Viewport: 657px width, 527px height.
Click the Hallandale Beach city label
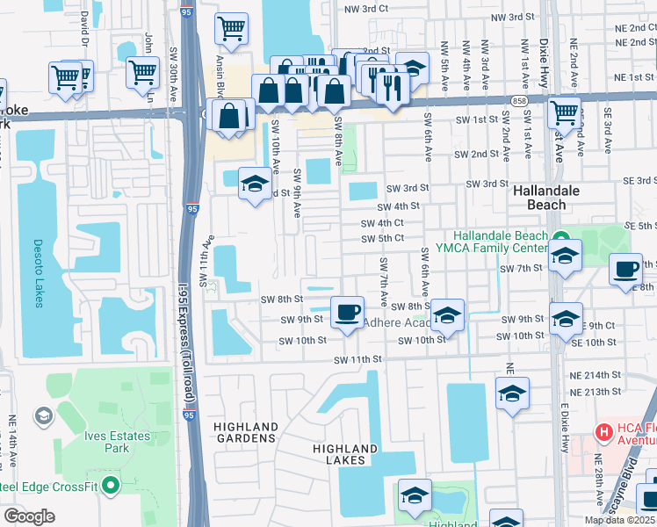tap(540, 197)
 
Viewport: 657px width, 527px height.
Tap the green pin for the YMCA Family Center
tap(560, 237)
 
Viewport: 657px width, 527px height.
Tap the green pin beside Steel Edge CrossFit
tap(110, 484)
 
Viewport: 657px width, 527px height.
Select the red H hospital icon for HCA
tap(604, 432)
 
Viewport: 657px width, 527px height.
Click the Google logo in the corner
tap(29, 516)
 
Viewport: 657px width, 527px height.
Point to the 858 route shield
tap(521, 102)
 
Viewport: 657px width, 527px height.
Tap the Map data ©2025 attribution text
tap(620, 520)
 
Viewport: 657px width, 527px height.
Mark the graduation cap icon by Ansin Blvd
tap(256, 184)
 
